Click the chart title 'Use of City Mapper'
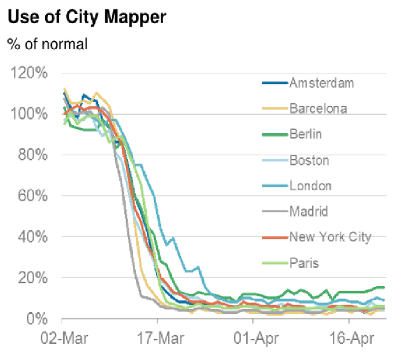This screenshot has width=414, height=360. pyautogui.click(x=86, y=18)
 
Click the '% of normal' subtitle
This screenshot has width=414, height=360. pyautogui.click(x=47, y=44)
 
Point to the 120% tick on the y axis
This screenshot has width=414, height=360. pyautogui.click(x=29, y=73)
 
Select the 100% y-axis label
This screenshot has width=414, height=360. pyautogui.click(x=29, y=114)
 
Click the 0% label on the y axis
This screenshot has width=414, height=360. pyautogui.click(x=36, y=318)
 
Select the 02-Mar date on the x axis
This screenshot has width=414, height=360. pyautogui.click(x=62, y=337)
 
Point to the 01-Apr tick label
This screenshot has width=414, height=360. pyautogui.click(x=253, y=337)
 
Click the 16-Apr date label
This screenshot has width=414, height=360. pyautogui.click(x=348, y=337)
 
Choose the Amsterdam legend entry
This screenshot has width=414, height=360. pyautogui.click(x=321, y=83)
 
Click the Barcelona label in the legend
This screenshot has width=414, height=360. pyautogui.click(x=318, y=109)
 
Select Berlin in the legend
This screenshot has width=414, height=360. pyautogui.click(x=306, y=134)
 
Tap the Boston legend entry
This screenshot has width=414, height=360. pyautogui.click(x=309, y=161)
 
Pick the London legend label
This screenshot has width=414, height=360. pyautogui.click(x=310, y=186)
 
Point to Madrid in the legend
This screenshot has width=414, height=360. pyautogui.click(x=309, y=212)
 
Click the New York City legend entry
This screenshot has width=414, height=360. pyautogui.click(x=329, y=237)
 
